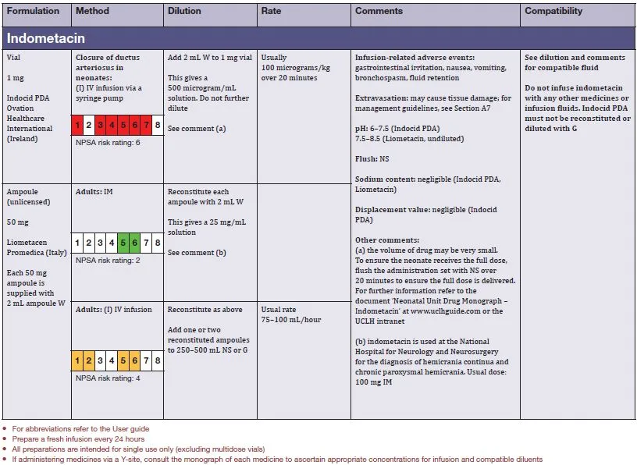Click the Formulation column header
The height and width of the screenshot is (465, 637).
click(x=33, y=12)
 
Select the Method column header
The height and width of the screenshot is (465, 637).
click(x=92, y=12)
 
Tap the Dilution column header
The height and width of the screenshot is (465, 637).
click(x=184, y=12)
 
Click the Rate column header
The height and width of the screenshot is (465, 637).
click(x=272, y=12)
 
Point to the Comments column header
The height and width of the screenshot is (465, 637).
click(x=379, y=12)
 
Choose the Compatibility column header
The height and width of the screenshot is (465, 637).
click(x=553, y=12)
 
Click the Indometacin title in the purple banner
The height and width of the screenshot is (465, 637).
click(x=46, y=37)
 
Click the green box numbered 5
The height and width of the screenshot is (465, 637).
click(x=123, y=243)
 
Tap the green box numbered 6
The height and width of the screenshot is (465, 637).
click(x=134, y=243)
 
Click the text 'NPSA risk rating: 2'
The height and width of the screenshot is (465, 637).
click(x=108, y=260)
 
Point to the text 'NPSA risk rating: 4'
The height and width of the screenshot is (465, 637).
click(x=108, y=378)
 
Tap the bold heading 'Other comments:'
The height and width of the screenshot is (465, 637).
click(x=387, y=240)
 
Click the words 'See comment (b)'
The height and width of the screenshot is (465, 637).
click(x=197, y=253)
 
